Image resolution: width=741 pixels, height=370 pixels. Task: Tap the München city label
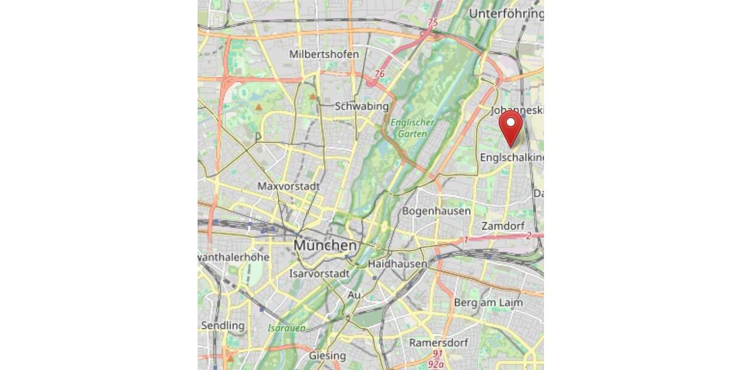coord(325,245)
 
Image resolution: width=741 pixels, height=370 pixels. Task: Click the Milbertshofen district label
coord(324,54)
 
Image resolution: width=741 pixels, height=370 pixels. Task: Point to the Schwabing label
coord(361,106)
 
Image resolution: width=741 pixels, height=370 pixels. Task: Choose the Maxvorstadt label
coord(288,186)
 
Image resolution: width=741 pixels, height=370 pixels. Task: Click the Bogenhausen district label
coord(436,211)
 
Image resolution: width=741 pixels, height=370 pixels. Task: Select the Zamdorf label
coord(503,226)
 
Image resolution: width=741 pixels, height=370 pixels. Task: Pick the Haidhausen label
coord(397,264)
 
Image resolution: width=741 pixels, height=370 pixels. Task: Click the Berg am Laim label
coord(488,302)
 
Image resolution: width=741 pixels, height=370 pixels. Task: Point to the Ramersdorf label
coord(438,342)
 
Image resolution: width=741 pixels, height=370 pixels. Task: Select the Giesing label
coord(327,356)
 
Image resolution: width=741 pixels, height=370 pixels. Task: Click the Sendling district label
coord(222,325)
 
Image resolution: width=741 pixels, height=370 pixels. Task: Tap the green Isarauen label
coord(287,328)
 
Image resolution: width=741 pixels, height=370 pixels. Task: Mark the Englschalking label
coord(512,158)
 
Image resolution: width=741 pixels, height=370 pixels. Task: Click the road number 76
coord(379,74)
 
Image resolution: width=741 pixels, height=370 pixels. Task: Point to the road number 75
coord(432,22)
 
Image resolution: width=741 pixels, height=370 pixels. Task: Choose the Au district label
coord(354,295)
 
